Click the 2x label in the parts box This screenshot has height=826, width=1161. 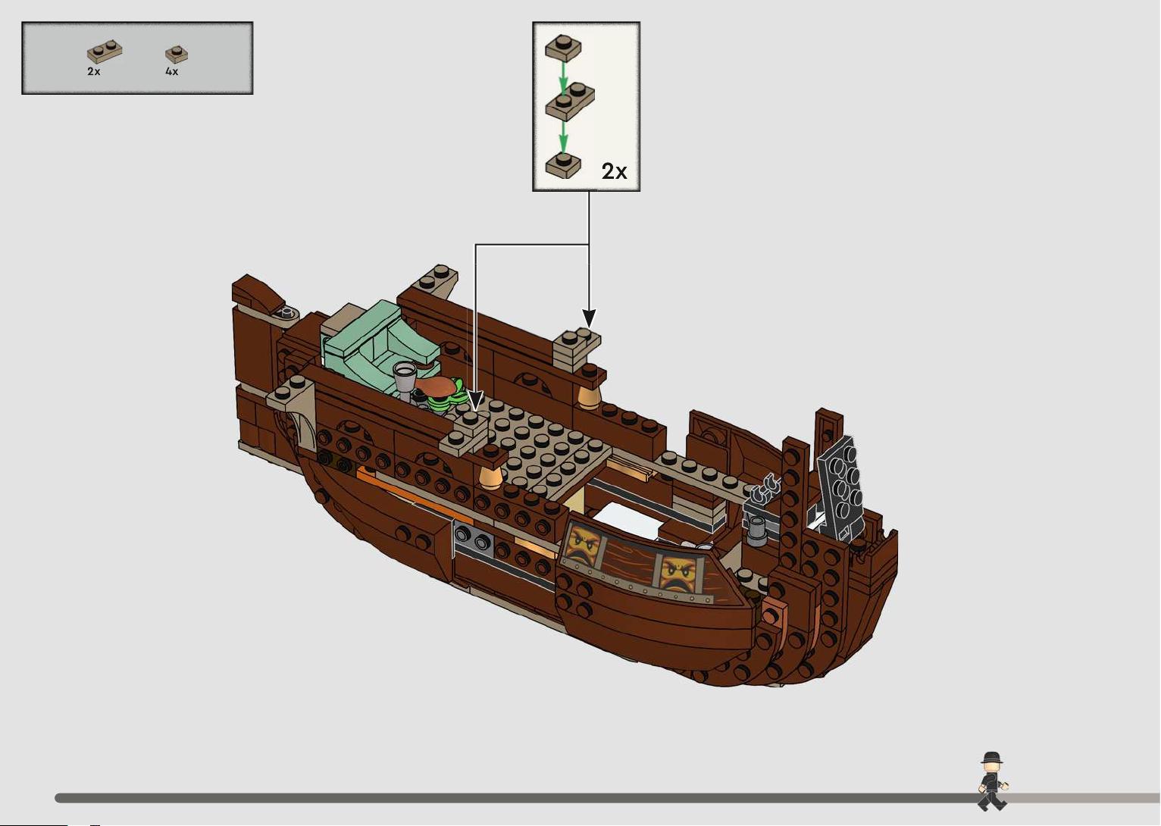(x=94, y=71)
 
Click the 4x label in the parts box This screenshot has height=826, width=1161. (x=171, y=71)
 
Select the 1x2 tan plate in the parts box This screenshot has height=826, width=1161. (x=105, y=52)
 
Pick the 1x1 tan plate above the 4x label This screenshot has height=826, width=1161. (x=177, y=54)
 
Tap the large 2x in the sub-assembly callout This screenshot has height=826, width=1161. (x=614, y=171)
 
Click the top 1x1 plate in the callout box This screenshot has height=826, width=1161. (x=563, y=48)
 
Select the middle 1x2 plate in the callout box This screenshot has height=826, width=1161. (x=570, y=101)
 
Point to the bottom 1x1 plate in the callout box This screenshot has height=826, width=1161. (x=563, y=165)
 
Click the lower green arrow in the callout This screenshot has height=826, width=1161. (x=563, y=137)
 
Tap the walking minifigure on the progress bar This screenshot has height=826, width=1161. (x=992, y=781)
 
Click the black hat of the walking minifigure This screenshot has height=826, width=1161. (x=991, y=758)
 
